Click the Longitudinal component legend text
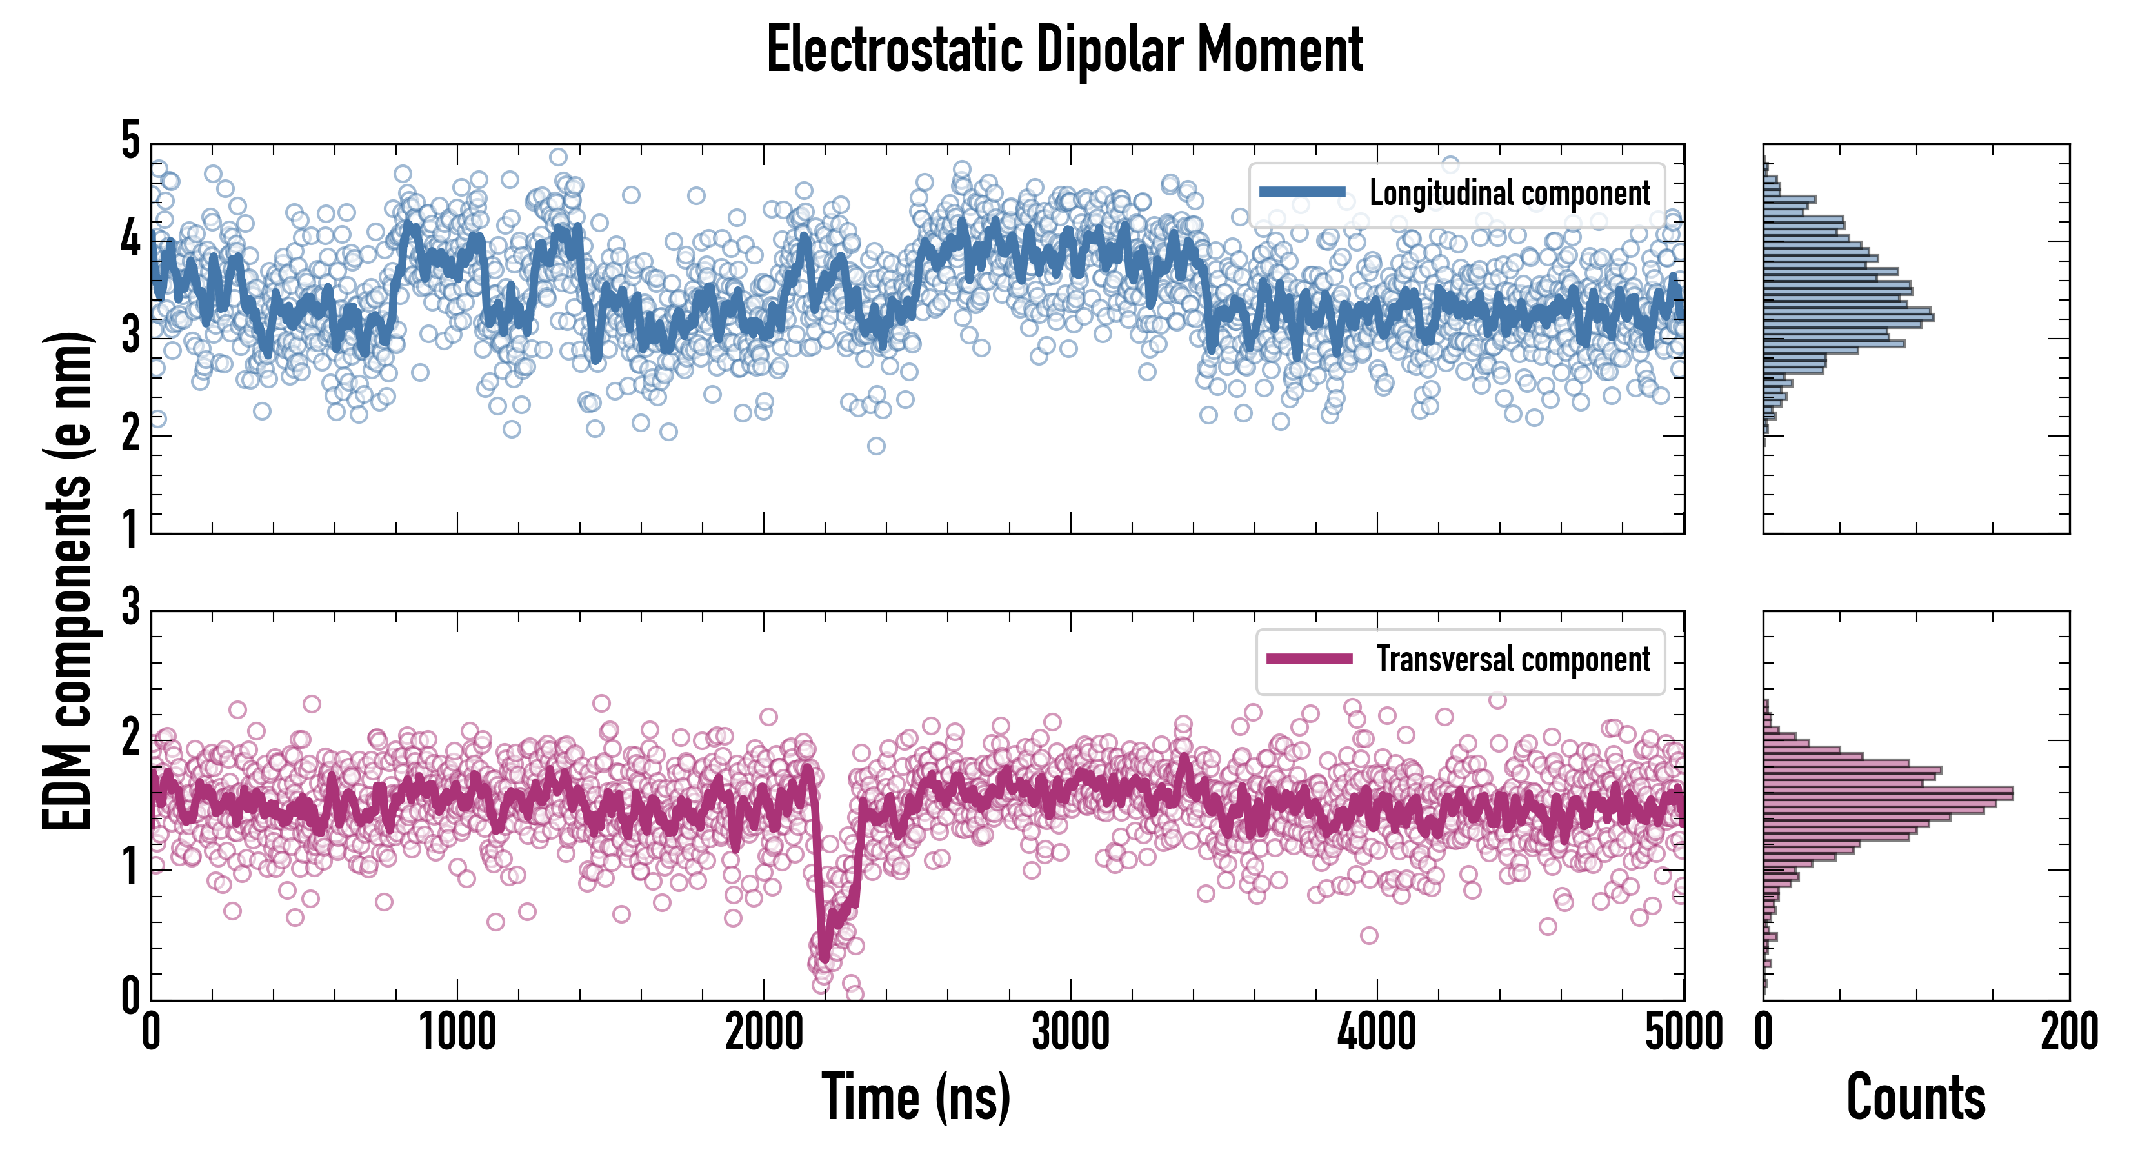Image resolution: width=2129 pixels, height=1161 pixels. [x=1509, y=193]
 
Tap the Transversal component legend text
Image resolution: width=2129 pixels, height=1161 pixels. [x=1512, y=659]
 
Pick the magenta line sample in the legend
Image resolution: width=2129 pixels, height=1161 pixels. [x=1309, y=659]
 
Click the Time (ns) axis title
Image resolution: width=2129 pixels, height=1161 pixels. [x=915, y=1096]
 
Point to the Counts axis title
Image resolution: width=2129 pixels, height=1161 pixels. [x=1915, y=1096]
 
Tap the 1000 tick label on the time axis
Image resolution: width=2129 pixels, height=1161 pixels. [x=457, y=1032]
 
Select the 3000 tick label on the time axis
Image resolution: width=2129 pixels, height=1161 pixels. [x=1070, y=1032]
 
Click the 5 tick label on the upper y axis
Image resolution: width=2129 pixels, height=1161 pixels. [x=130, y=141]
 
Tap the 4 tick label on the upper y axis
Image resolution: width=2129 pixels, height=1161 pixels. [x=130, y=240]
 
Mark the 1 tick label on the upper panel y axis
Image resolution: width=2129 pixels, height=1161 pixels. [x=130, y=529]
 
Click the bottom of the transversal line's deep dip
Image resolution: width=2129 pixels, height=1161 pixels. [x=824, y=956]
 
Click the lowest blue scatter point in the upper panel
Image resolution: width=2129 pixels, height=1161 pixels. [x=876, y=446]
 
